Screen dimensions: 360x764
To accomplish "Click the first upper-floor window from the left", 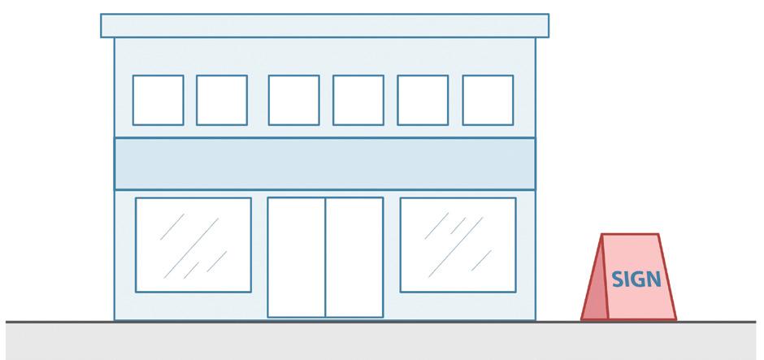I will (x=158, y=100).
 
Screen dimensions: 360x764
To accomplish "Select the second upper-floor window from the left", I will (x=222, y=100).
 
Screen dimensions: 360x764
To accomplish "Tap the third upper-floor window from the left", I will (x=293, y=100).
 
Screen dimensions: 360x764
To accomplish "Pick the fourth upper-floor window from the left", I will (x=358, y=100).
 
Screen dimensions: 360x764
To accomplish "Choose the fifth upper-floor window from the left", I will (x=423, y=100).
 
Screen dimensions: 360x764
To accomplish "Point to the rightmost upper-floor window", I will (x=488, y=100).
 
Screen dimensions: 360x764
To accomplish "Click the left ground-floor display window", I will (x=193, y=244).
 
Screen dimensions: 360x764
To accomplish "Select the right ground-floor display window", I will (x=458, y=244).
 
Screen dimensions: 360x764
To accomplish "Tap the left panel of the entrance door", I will (x=297, y=257).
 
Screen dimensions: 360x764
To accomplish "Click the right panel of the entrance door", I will (x=354, y=257).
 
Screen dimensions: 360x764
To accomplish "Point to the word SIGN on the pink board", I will (x=636, y=279).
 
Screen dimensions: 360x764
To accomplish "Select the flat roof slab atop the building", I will (x=324, y=25).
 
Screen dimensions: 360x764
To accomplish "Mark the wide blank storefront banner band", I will (x=324, y=163).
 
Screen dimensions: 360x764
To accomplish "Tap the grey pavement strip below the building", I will (x=382, y=341).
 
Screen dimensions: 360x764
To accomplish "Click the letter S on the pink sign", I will (x=617, y=279).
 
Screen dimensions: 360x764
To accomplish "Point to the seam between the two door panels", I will (x=326, y=257).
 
